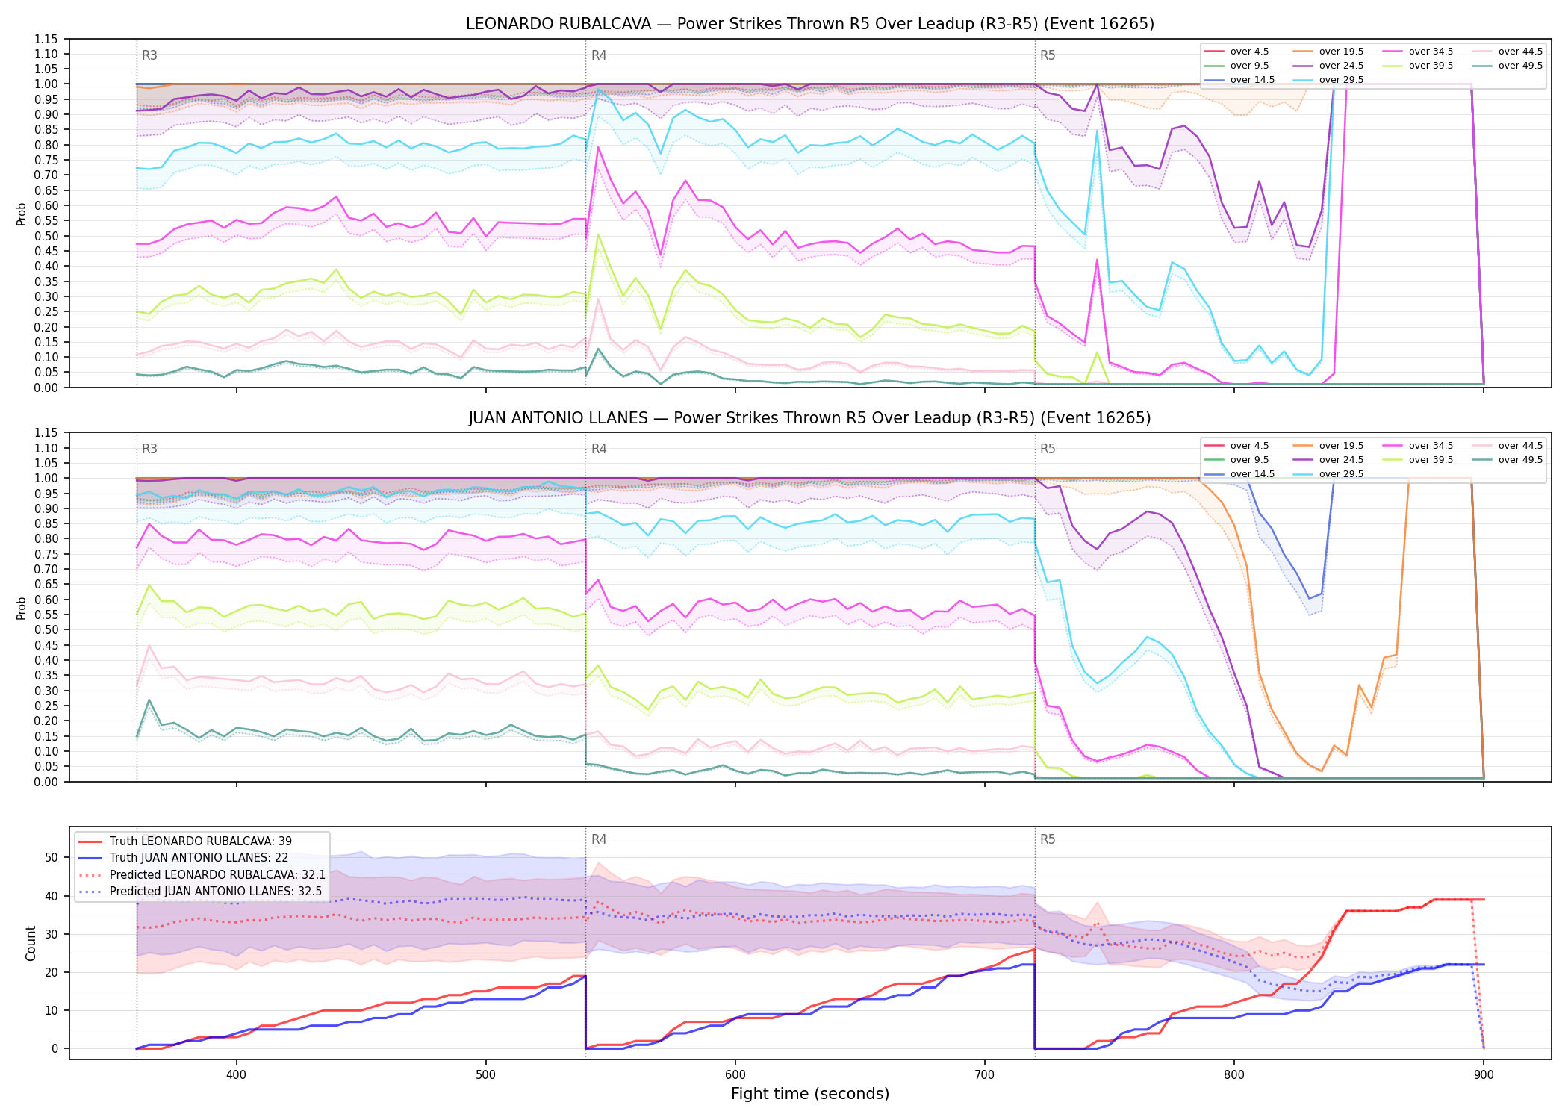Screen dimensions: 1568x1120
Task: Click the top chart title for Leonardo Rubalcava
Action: (810, 24)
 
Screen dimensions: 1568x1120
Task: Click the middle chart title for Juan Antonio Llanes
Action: (810, 418)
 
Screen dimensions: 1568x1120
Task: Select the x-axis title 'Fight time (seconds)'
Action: (810, 1094)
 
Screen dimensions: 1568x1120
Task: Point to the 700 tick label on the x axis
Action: (985, 1074)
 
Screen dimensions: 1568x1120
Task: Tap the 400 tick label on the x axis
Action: (236, 1074)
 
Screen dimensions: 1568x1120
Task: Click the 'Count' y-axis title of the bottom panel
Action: (31, 943)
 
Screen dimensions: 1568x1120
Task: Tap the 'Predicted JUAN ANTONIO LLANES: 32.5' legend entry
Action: (202, 892)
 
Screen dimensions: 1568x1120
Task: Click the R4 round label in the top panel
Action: (599, 55)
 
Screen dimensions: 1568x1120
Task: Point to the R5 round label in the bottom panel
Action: (1048, 839)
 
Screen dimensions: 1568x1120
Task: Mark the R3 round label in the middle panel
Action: (149, 449)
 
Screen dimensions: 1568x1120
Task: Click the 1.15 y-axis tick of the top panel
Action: (46, 39)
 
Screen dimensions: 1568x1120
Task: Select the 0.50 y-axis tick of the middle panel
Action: (46, 629)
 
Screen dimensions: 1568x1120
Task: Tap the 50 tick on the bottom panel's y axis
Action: (52, 857)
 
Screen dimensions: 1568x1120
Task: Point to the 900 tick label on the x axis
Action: (1484, 1074)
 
